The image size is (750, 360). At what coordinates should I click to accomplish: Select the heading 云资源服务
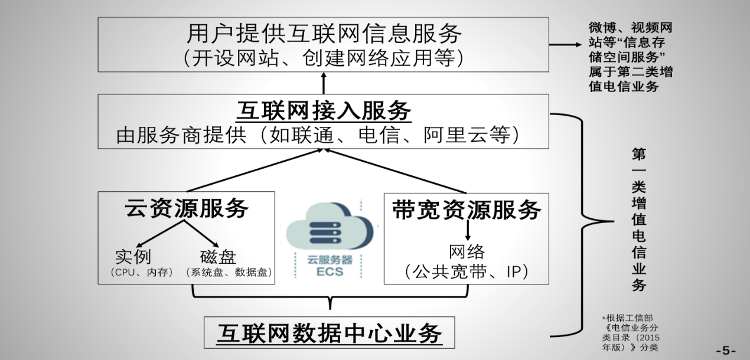tap(186, 208)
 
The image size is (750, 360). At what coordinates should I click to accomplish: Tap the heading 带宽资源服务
tap(467, 210)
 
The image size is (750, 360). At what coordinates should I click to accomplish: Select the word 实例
tap(133, 257)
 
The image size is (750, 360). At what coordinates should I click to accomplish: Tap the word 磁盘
tap(218, 257)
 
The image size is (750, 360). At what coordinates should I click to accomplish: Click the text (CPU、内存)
tap(141, 273)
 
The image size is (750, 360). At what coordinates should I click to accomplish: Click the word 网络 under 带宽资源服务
tap(467, 253)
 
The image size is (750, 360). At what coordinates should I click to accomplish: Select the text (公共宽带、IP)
tap(467, 271)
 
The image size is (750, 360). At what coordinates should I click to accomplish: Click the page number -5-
tap(726, 350)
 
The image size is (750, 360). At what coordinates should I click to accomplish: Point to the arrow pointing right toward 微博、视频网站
tap(565, 45)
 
